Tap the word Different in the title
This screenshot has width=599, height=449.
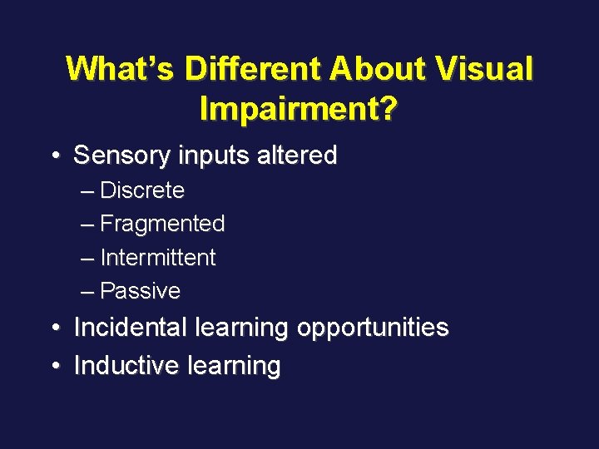[x=254, y=69]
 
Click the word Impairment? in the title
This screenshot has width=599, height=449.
[x=299, y=108]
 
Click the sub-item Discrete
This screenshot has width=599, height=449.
[x=142, y=190]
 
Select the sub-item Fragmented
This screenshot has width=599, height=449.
[x=162, y=224]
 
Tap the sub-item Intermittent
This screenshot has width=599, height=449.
[x=157, y=258]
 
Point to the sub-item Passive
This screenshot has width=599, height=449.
[x=140, y=291]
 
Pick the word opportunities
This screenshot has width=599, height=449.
[x=373, y=328]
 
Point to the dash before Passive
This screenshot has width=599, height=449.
[x=89, y=291]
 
